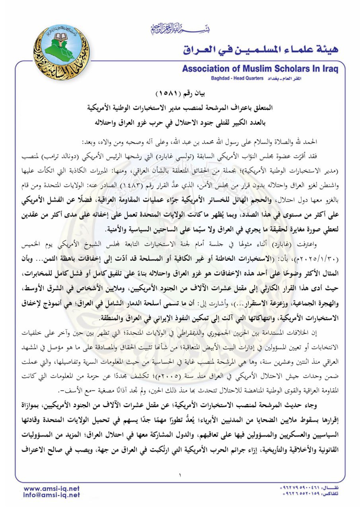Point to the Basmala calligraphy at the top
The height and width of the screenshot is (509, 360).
(179, 29)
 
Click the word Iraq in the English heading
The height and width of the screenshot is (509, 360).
(328, 69)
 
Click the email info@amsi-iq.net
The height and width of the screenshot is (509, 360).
(52, 495)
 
